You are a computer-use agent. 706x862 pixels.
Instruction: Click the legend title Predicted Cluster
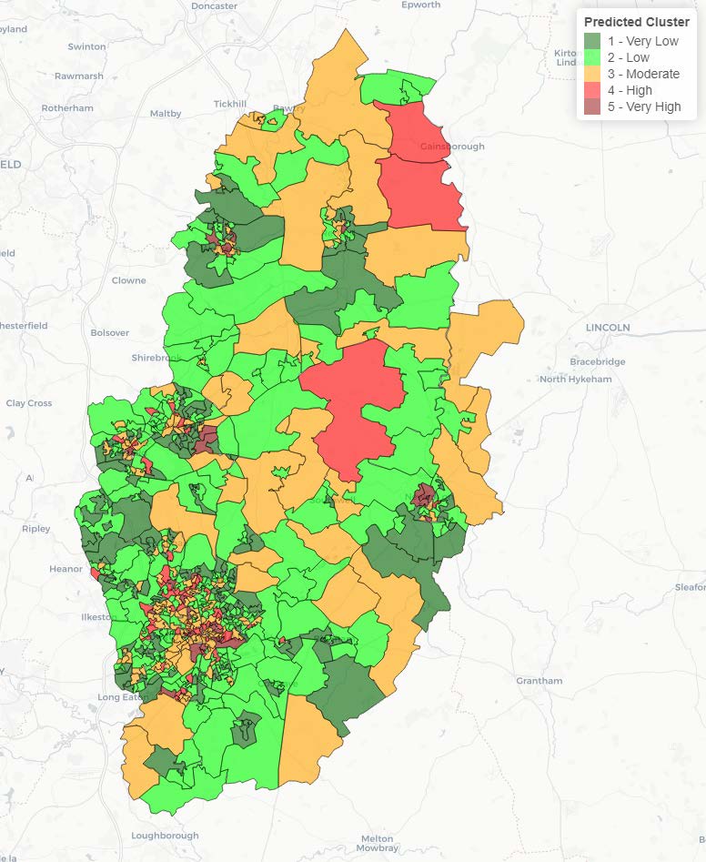pyautogui.click(x=636, y=22)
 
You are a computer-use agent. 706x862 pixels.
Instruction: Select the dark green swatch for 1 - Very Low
pyautogui.click(x=591, y=41)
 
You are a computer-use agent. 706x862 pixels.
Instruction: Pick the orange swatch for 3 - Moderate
pyautogui.click(x=591, y=74)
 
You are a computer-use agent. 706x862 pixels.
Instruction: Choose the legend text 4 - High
pyautogui.click(x=630, y=90)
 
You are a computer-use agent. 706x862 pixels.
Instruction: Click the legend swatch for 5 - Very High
pyautogui.click(x=591, y=106)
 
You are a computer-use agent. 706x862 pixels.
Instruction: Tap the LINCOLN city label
pyautogui.click(x=609, y=327)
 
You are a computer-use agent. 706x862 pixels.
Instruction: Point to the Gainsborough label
pyautogui.click(x=452, y=147)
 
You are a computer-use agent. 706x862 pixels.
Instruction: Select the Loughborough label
pyautogui.click(x=165, y=836)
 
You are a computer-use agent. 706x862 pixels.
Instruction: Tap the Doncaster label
pyautogui.click(x=214, y=5)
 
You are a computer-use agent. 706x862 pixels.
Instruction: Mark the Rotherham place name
pyautogui.click(x=67, y=107)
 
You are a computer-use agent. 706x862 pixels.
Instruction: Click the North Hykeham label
pyautogui.click(x=577, y=379)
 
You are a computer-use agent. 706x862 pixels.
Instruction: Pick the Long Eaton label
pyautogui.click(x=121, y=698)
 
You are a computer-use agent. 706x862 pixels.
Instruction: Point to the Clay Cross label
pyautogui.click(x=29, y=403)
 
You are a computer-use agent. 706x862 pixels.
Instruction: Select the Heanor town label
pyautogui.click(x=66, y=569)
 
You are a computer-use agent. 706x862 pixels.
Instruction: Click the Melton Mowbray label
pyautogui.click(x=377, y=843)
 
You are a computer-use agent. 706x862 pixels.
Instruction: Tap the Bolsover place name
pyautogui.click(x=109, y=332)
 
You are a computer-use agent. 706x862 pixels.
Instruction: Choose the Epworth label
pyautogui.click(x=419, y=5)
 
